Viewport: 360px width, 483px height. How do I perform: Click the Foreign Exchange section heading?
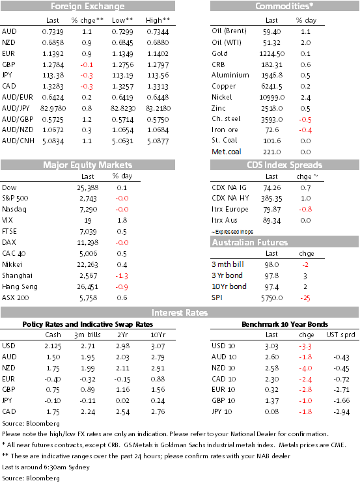coord(88,6)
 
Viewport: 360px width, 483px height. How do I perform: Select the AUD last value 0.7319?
coord(53,32)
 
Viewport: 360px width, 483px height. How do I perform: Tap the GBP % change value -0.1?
coord(87,64)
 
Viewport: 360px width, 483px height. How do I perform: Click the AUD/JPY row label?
coord(16,108)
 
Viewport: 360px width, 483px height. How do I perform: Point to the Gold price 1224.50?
coord(272,53)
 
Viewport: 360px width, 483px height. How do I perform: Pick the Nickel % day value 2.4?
coord(305,98)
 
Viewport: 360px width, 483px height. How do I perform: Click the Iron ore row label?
coord(225,130)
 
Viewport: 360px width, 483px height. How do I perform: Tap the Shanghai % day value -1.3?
coord(122,276)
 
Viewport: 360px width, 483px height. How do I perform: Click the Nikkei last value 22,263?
coord(87,264)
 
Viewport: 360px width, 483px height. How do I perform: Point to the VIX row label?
coord(7,220)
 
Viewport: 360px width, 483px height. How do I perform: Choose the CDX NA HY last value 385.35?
coord(271,199)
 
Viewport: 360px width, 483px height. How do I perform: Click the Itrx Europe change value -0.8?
coord(305,209)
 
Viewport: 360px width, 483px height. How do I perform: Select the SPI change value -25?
coord(305,298)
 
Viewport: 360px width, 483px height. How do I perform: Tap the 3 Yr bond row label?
coord(227,275)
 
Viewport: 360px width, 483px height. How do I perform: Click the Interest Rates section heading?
coord(180,312)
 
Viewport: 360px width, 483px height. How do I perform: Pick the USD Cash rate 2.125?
coord(53,346)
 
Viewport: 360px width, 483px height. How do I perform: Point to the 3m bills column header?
coord(87,335)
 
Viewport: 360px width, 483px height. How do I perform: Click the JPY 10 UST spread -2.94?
coord(342,412)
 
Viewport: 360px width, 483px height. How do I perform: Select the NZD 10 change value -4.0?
coord(305,368)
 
